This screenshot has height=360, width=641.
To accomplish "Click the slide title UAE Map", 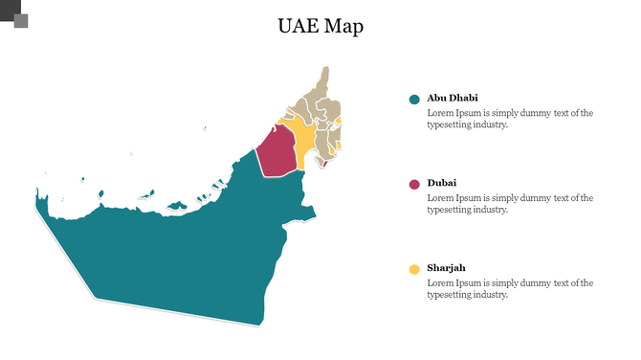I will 320,27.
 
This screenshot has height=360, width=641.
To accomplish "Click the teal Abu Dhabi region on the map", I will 182,249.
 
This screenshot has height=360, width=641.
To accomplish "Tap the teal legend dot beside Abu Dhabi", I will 414,100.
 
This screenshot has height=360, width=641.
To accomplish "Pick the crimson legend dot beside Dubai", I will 414,184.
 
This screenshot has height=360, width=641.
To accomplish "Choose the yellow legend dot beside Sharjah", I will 414,269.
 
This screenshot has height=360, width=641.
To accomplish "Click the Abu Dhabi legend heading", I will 453,98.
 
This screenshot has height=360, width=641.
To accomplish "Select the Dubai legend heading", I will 441,182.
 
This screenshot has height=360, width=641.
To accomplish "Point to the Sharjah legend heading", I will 447,267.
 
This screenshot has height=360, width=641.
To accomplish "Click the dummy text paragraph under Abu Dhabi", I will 510,119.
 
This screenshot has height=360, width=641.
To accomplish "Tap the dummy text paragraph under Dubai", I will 510,203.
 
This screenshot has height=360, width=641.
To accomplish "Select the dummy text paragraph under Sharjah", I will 510,288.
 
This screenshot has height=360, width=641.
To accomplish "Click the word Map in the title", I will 343,27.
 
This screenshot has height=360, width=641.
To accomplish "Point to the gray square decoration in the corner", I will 20,20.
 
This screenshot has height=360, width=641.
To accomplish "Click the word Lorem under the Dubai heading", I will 439,197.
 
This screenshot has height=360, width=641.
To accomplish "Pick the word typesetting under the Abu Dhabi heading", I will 450,124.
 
